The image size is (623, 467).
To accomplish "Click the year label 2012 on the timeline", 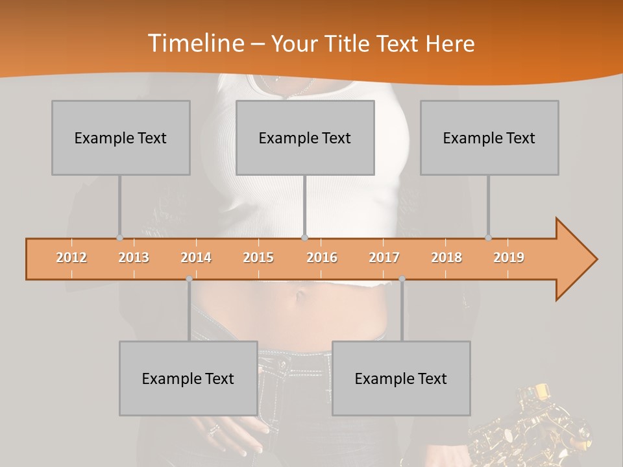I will coord(71,257).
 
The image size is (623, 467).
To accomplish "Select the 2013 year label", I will coord(134,257).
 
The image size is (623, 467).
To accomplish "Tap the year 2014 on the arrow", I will coord(196,257).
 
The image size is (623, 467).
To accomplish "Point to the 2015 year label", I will coord(258,257).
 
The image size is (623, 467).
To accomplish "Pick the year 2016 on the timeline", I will coord(322,257).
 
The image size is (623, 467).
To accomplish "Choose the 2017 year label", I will coord(384,257).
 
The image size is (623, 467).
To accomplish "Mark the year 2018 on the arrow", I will coord(446,257).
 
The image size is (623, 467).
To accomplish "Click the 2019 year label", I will coord(509,257).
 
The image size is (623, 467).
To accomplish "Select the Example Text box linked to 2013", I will coord(121,138).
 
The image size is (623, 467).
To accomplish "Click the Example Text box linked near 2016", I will coord(305,138).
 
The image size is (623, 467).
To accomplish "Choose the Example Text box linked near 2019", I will coord(489,138).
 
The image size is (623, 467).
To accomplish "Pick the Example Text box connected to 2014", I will coord(188,378).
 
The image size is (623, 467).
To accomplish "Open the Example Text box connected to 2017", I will coord(401,378).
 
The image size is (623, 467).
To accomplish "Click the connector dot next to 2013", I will coord(119,237).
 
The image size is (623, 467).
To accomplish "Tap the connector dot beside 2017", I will coord(402,279).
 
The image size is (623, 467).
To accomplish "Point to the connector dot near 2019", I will coord(489,237).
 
